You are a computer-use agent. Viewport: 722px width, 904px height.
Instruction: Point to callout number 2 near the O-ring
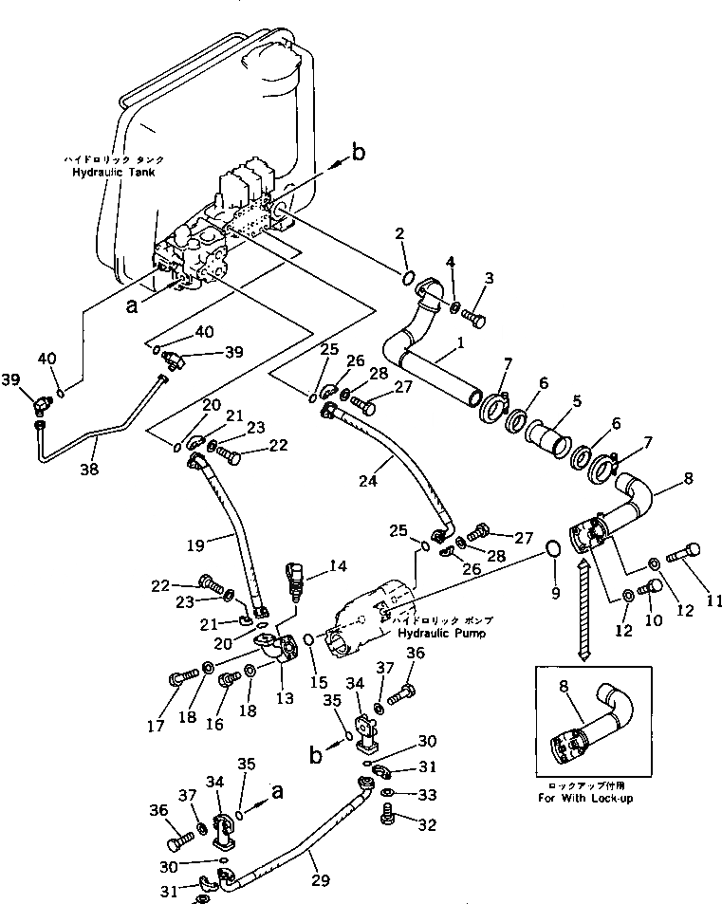(x=401, y=234)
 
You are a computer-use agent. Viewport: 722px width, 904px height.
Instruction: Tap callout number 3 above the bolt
(x=490, y=279)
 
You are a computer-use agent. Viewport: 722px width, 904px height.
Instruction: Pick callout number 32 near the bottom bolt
(x=427, y=825)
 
